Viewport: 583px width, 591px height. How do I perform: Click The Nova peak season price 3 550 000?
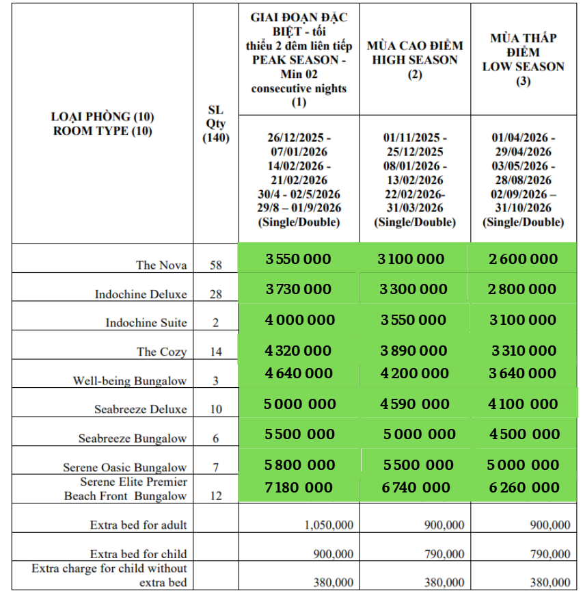click(x=298, y=259)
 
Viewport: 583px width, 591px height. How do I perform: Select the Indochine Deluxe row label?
click(x=141, y=294)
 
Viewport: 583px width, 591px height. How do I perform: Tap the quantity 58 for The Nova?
click(x=216, y=265)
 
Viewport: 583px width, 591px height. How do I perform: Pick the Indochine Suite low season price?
click(x=523, y=320)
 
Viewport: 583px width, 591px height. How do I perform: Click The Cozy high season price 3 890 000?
click(x=413, y=351)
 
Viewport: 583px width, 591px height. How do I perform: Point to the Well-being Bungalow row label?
click(x=130, y=381)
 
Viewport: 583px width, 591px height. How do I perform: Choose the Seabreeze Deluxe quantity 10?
click(x=216, y=410)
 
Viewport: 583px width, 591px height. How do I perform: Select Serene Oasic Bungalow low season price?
click(x=523, y=465)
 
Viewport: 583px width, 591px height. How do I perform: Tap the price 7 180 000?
click(x=299, y=488)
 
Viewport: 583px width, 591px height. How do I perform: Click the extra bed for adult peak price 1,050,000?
click(x=329, y=525)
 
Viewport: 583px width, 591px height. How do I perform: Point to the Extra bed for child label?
click(x=138, y=554)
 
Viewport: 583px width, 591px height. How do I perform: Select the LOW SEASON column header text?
click(x=523, y=67)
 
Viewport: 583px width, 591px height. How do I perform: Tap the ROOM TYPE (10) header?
click(x=103, y=131)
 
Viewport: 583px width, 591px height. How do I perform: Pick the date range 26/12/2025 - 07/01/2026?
click(x=299, y=144)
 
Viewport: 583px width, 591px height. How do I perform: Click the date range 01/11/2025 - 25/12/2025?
click(x=413, y=144)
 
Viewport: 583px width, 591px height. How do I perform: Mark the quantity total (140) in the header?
click(x=216, y=137)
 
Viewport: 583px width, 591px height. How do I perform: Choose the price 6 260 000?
click(x=523, y=488)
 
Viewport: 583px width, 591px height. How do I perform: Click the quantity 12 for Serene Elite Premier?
click(x=216, y=496)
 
